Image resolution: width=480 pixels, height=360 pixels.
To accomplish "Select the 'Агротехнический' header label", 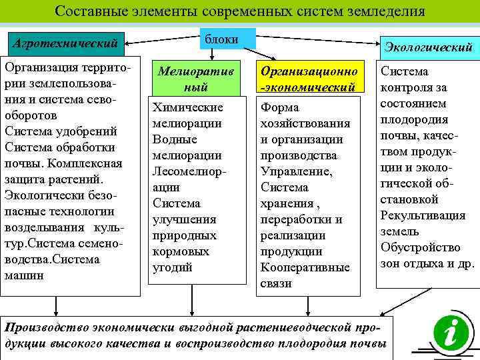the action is coord(65,45).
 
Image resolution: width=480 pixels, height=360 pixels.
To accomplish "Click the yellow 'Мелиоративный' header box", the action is coord(195,79).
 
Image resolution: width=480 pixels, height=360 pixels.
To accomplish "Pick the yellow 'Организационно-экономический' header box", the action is coord(307,79).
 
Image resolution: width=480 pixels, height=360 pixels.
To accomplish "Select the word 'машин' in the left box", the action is coord(25,274).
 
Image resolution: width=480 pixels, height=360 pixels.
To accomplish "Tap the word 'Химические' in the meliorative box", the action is coord(187,107).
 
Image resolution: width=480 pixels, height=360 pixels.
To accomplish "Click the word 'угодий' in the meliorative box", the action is coord(172,267).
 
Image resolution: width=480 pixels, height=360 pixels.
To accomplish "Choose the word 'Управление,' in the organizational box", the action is coord(293,171).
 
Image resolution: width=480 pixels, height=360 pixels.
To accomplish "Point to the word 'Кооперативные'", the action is coord(305,267).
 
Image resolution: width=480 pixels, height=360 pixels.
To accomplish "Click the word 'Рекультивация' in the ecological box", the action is coord(422,215).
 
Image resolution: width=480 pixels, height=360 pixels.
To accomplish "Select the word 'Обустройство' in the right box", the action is coord(420,247).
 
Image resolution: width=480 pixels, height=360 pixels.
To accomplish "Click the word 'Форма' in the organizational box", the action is coord(280,107).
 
